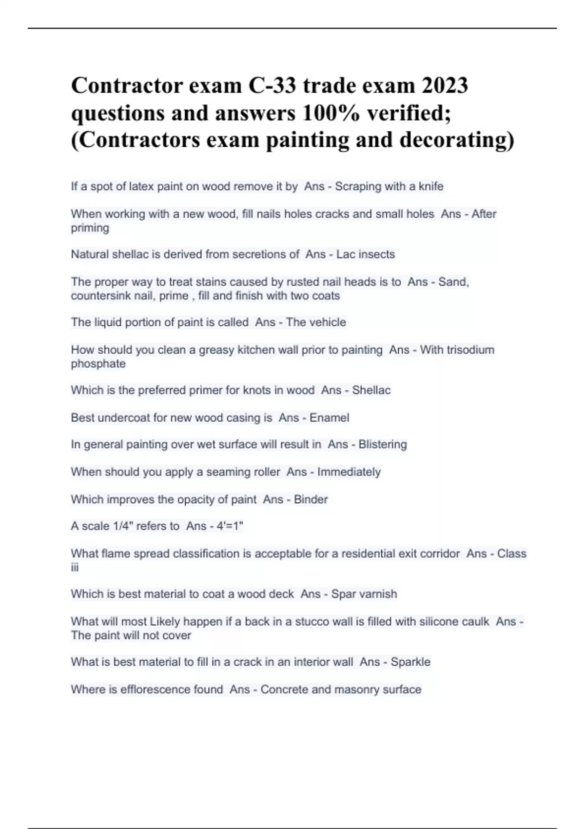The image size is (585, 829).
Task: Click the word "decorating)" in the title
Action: tap(457, 140)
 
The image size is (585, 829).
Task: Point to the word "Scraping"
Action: tap(358, 186)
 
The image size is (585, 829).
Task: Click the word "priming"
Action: tap(90, 228)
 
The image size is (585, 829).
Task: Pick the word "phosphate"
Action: tap(98, 364)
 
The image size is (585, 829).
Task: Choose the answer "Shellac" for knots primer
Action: tap(371, 390)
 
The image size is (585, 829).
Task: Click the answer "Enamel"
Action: tap(330, 418)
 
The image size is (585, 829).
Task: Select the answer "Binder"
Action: tap(311, 499)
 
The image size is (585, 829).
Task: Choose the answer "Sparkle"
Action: tap(410, 662)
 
